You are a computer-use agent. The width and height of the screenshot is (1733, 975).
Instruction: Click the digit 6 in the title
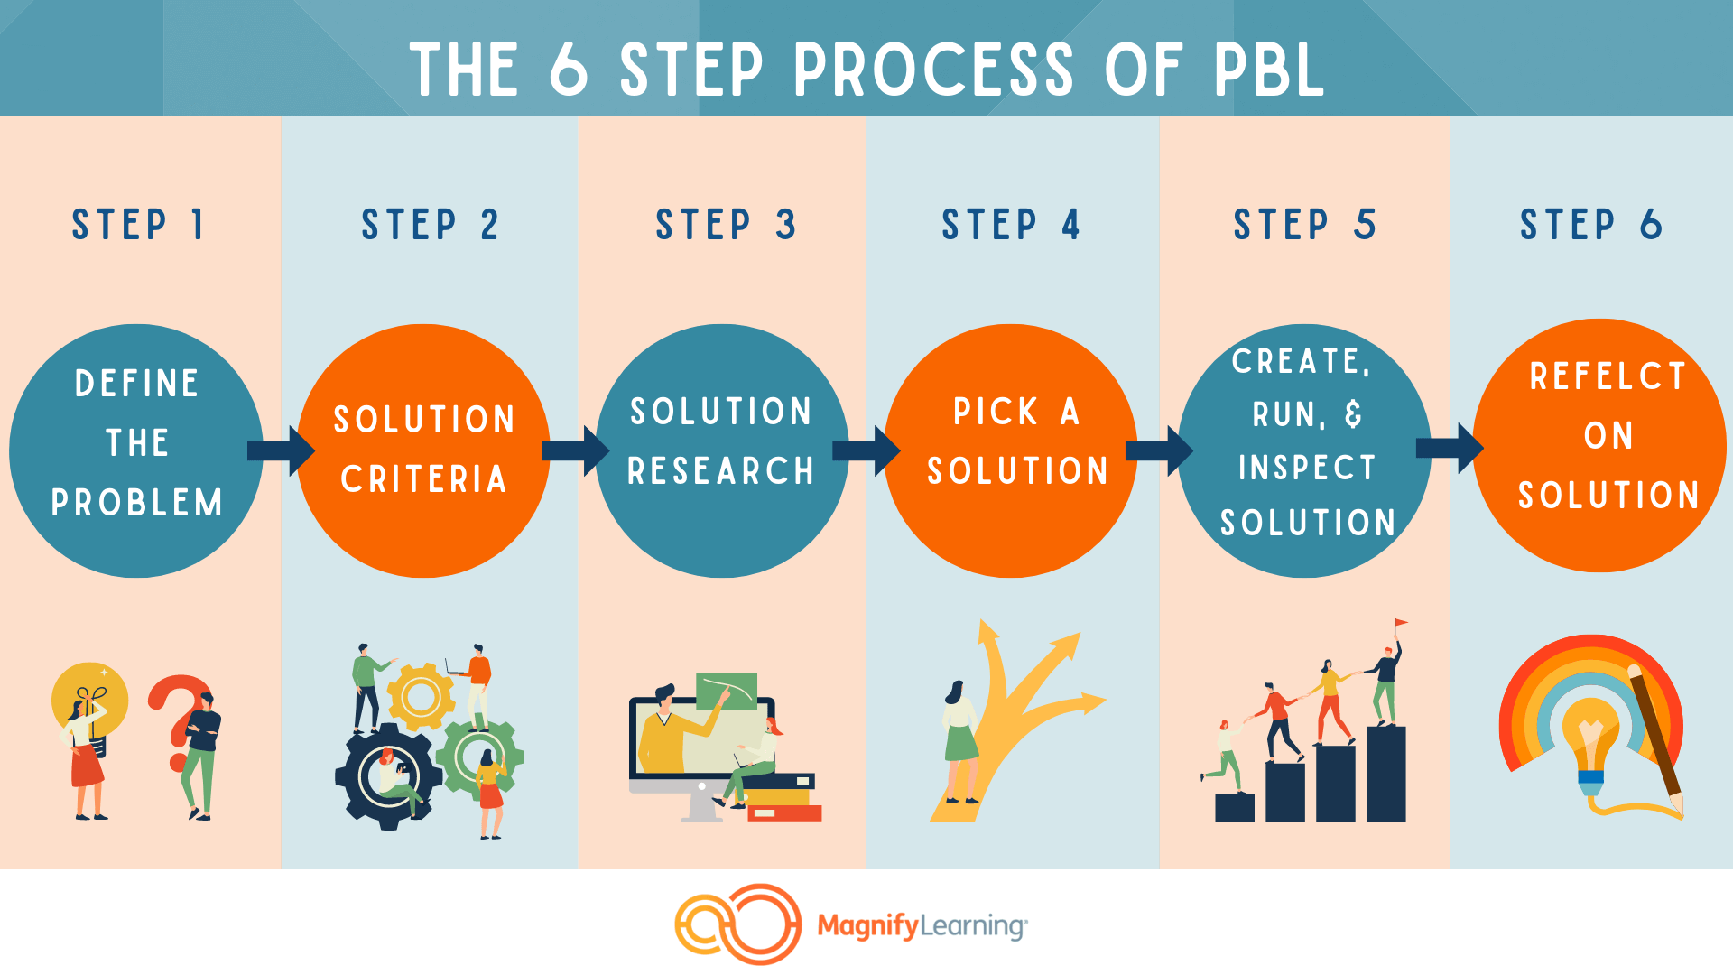point(570,70)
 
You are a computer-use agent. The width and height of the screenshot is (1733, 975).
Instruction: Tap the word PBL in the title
point(1268,70)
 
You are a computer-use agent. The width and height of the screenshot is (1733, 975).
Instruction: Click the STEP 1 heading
point(138,225)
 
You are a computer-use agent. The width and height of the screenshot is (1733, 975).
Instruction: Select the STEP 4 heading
point(1011,225)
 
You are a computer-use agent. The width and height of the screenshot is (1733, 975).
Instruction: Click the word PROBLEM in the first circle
point(137,503)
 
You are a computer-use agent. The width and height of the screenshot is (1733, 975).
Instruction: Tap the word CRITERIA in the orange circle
point(423,479)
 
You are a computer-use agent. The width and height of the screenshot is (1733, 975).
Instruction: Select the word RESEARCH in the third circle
point(721,471)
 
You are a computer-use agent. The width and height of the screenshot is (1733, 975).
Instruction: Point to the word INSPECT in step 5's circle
point(1307,468)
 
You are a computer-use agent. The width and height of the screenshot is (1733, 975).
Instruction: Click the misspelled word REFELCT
point(1608,376)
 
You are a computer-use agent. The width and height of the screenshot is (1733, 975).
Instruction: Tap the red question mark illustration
point(181,722)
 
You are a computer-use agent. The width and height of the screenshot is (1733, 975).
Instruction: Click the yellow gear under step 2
point(420,696)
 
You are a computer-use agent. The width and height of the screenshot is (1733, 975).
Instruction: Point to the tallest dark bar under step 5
point(1386,773)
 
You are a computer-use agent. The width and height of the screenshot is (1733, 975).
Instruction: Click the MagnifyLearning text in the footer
point(922,926)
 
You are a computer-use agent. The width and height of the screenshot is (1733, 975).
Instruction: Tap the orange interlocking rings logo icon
point(737,924)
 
